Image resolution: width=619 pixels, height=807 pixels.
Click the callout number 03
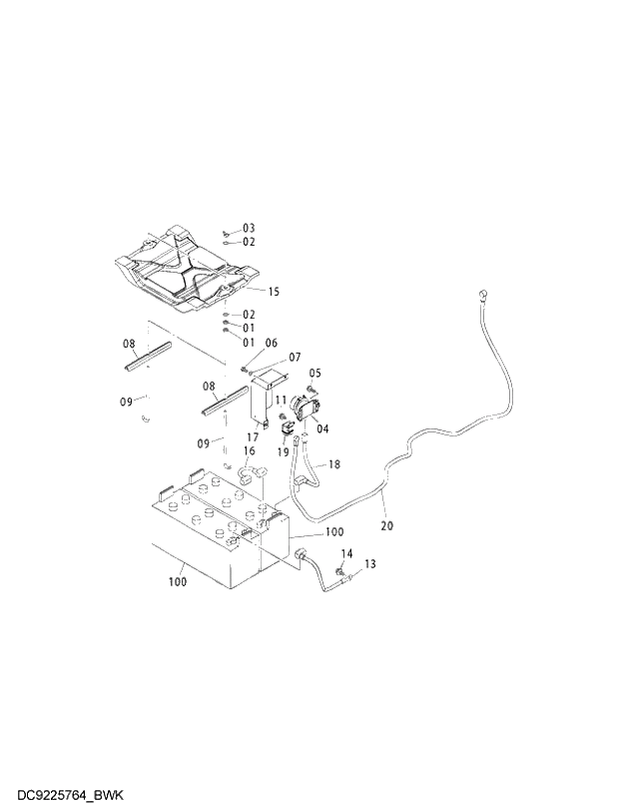pyautogui.click(x=249, y=229)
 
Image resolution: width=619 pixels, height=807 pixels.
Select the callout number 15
pyautogui.click(x=274, y=291)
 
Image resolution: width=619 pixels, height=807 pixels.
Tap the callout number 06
pyautogui.click(x=271, y=343)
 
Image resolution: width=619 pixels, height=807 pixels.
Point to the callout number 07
pyautogui.click(x=295, y=358)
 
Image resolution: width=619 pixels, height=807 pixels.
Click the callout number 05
pyautogui.click(x=315, y=374)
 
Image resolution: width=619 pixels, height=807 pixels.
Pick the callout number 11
pyautogui.click(x=281, y=400)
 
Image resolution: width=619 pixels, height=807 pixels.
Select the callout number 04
pyautogui.click(x=322, y=428)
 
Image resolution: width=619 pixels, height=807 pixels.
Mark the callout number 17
pyautogui.click(x=254, y=436)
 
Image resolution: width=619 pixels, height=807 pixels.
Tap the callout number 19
pyautogui.click(x=283, y=452)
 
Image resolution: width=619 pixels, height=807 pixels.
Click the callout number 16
pyautogui.click(x=249, y=451)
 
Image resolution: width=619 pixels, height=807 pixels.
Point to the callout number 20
pyautogui.click(x=387, y=525)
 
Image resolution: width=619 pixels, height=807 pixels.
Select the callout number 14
pyautogui.click(x=347, y=553)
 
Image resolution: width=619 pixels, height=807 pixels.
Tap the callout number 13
pyautogui.click(x=369, y=564)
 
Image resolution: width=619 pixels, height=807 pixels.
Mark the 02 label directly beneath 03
pyautogui.click(x=249, y=242)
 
